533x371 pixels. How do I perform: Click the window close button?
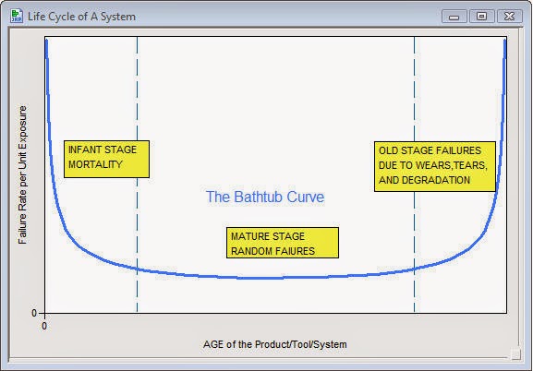pyautogui.click(x=509, y=16)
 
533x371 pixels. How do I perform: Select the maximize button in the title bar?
pyautogui.click(x=481, y=16)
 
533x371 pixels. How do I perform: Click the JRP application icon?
pyautogui.click(x=17, y=16)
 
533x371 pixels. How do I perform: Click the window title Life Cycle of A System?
pyautogui.click(x=81, y=17)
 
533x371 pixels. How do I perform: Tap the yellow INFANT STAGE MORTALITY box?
pyautogui.click(x=107, y=159)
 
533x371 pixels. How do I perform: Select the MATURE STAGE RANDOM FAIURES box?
pyautogui.click(x=283, y=243)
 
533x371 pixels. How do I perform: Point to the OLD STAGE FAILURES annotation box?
pyautogui.click(x=435, y=166)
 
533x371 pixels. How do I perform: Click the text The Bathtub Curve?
pyautogui.click(x=265, y=197)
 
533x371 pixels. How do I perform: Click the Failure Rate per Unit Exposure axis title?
pyautogui.click(x=22, y=174)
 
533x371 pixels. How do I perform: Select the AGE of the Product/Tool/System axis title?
pyautogui.click(x=275, y=344)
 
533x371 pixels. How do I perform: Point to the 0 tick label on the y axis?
pyautogui.click(x=34, y=313)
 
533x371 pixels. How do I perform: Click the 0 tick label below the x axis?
pyautogui.click(x=44, y=326)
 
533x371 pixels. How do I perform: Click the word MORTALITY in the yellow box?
pyautogui.click(x=95, y=164)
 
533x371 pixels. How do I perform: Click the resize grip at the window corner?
pyautogui.click(x=515, y=353)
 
